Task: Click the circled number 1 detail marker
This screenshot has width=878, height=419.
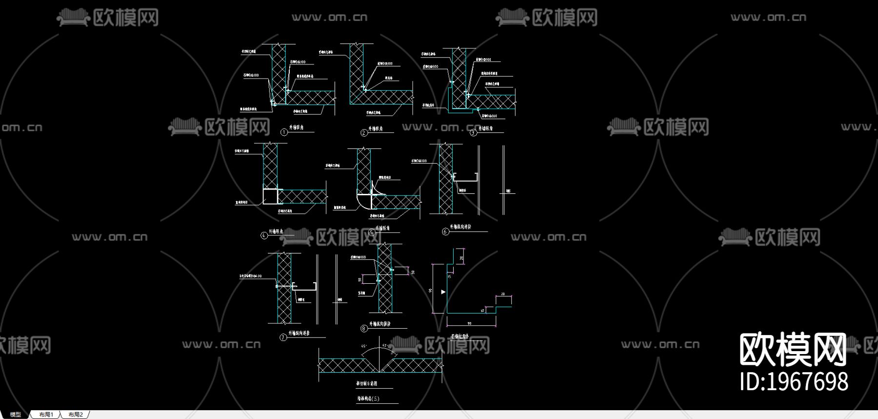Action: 284,132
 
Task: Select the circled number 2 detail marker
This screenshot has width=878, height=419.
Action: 364,133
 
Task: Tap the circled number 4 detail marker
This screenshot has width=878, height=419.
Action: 264,235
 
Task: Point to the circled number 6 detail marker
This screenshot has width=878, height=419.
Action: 445,231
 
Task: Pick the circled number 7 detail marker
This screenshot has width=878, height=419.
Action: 283,337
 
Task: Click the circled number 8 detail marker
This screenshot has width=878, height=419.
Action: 364,329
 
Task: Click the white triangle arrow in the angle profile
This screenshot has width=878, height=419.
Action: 443,292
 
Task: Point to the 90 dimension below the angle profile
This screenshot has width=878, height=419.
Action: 469,323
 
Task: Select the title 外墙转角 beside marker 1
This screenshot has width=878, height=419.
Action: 296,127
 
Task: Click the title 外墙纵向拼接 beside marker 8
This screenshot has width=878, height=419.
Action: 380,324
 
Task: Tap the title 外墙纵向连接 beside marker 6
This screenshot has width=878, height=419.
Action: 460,227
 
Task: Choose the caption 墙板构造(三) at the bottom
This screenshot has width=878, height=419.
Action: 368,398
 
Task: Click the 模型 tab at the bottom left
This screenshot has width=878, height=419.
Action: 16,415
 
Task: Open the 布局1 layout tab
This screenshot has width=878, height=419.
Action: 46,415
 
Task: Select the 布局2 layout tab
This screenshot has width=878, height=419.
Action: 76,415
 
